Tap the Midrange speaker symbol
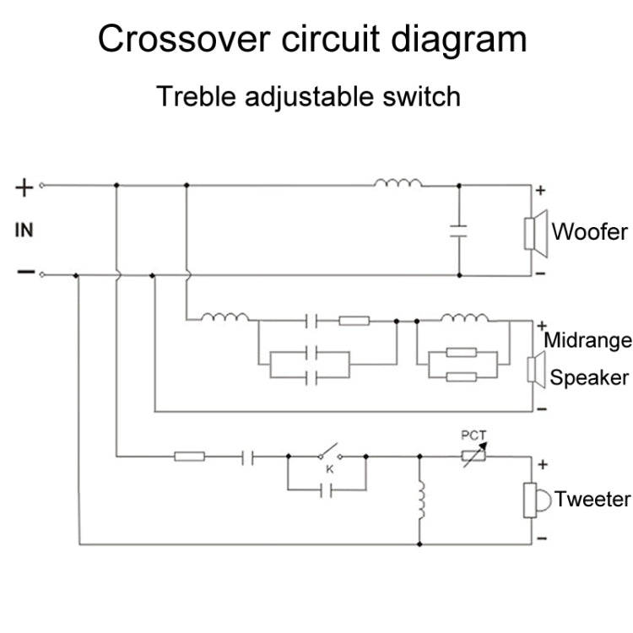coord(533,369)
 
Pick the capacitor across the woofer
coord(458,231)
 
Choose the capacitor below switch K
coord(327,489)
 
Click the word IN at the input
coord(24,230)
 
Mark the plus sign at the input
coord(25,187)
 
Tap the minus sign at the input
coord(25,273)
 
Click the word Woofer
coord(589,232)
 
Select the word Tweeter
coord(594,499)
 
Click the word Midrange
coord(588,341)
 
